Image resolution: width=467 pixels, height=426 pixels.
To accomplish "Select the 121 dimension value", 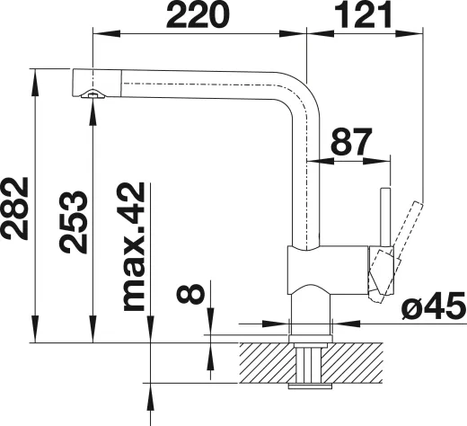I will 364,15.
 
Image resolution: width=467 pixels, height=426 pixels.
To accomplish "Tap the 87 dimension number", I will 353,141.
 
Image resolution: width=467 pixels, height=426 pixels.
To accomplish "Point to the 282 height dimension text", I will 17,209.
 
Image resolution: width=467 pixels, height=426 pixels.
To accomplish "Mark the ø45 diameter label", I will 434,308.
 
